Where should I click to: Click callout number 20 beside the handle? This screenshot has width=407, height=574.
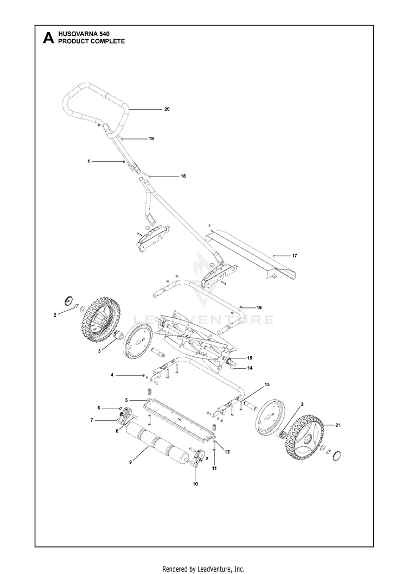pyautogui.click(x=167, y=109)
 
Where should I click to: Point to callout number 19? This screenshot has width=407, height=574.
pyautogui.click(x=151, y=139)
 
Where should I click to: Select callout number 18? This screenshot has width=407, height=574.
pyautogui.click(x=183, y=176)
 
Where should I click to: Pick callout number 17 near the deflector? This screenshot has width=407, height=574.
pyautogui.click(x=295, y=255)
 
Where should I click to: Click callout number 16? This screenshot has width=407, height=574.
pyautogui.click(x=259, y=308)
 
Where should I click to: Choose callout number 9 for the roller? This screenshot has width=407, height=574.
pyautogui.click(x=131, y=462)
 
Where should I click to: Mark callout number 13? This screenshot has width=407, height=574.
pyautogui.click(x=266, y=384)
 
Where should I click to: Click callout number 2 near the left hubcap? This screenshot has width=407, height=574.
pyautogui.click(x=55, y=314)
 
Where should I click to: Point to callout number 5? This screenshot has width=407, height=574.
pyautogui.click(x=126, y=400)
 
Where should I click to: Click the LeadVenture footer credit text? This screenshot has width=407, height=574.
pyautogui.click(x=203, y=569)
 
